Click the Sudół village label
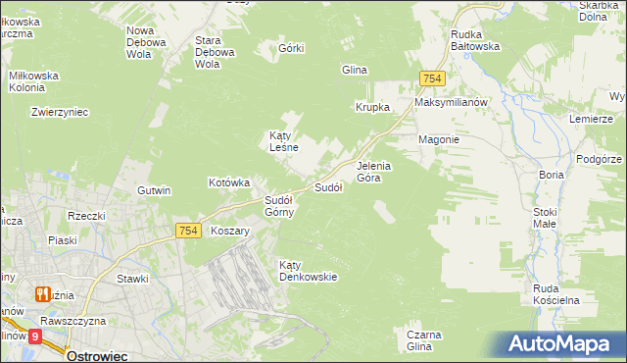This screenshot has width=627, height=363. [327, 187]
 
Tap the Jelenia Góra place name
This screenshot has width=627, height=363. [374, 172]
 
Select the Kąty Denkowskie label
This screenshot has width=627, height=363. [308, 271]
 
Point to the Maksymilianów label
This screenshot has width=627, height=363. [451, 102]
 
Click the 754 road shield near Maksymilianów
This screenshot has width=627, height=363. [431, 78]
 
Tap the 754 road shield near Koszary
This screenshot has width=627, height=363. [189, 231]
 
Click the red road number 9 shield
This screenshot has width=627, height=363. [36, 337]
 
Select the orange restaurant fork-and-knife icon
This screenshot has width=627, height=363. [42, 292]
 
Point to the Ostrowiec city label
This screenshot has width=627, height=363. [97, 356]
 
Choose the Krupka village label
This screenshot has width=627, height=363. [373, 107]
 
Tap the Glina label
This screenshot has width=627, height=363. [354, 70]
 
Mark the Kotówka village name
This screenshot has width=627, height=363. [230, 182]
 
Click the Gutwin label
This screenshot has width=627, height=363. [155, 190]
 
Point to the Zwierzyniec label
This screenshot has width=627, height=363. [60, 112]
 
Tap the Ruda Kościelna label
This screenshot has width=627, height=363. [557, 293]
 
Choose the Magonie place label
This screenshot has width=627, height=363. [439, 139]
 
